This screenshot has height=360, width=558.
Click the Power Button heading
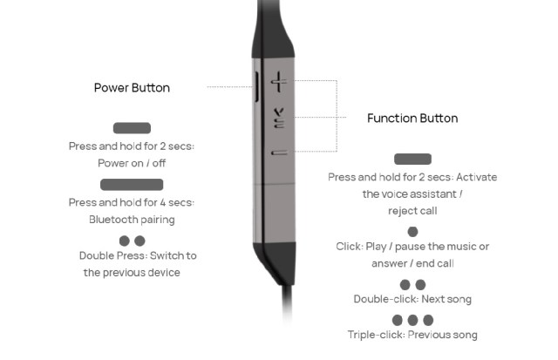(x=132, y=88)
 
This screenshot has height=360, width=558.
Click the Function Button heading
(x=412, y=119)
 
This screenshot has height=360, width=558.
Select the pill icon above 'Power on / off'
(x=132, y=128)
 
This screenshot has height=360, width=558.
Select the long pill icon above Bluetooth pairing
(x=132, y=184)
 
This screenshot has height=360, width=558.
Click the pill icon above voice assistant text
(x=412, y=159)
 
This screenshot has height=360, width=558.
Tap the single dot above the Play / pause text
(x=412, y=231)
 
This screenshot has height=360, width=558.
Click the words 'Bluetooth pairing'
(x=132, y=220)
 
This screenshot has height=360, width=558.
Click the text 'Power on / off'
(x=132, y=163)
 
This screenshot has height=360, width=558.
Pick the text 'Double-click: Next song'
(x=412, y=299)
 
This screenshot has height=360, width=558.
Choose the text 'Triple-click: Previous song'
(x=412, y=335)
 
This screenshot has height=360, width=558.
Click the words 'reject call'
(x=412, y=211)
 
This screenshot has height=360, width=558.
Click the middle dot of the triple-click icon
(x=412, y=320)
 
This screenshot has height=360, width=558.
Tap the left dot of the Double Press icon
(x=124, y=240)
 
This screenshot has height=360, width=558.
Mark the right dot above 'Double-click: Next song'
(x=421, y=284)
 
